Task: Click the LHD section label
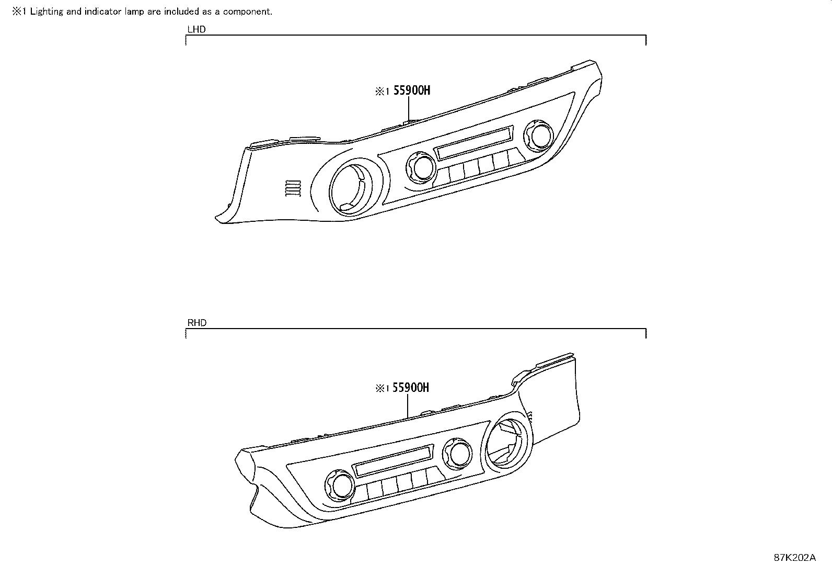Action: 196,29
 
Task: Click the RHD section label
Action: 197,323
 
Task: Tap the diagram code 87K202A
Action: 794,558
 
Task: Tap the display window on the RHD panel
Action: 394,460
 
